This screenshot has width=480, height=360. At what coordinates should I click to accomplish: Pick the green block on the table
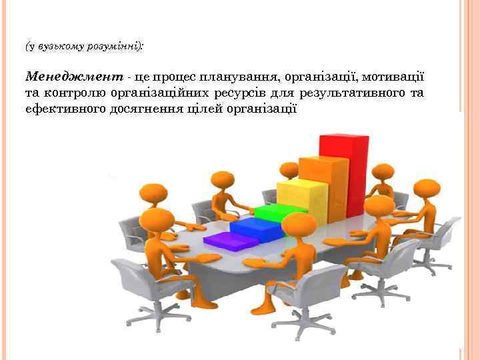275,214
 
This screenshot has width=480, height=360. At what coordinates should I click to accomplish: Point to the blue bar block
253,228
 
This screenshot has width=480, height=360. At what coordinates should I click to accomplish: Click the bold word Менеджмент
65,78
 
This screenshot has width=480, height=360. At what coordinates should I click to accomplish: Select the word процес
161,78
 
